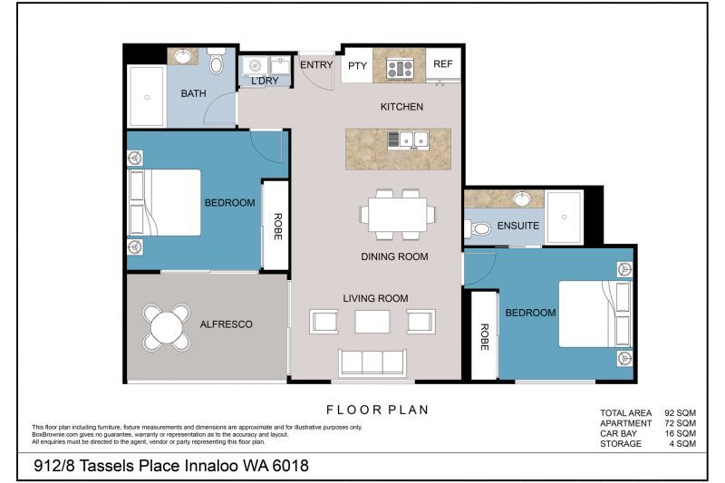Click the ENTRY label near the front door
point(316,64)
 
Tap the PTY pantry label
point(357,65)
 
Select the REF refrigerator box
point(443,64)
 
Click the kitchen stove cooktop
point(400,67)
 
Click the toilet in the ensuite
point(479,228)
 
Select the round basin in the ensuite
point(522,198)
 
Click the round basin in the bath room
point(183,56)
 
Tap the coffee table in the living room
point(372,322)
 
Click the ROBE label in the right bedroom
point(485,337)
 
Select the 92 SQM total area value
point(680,412)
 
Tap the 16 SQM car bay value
point(680,434)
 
